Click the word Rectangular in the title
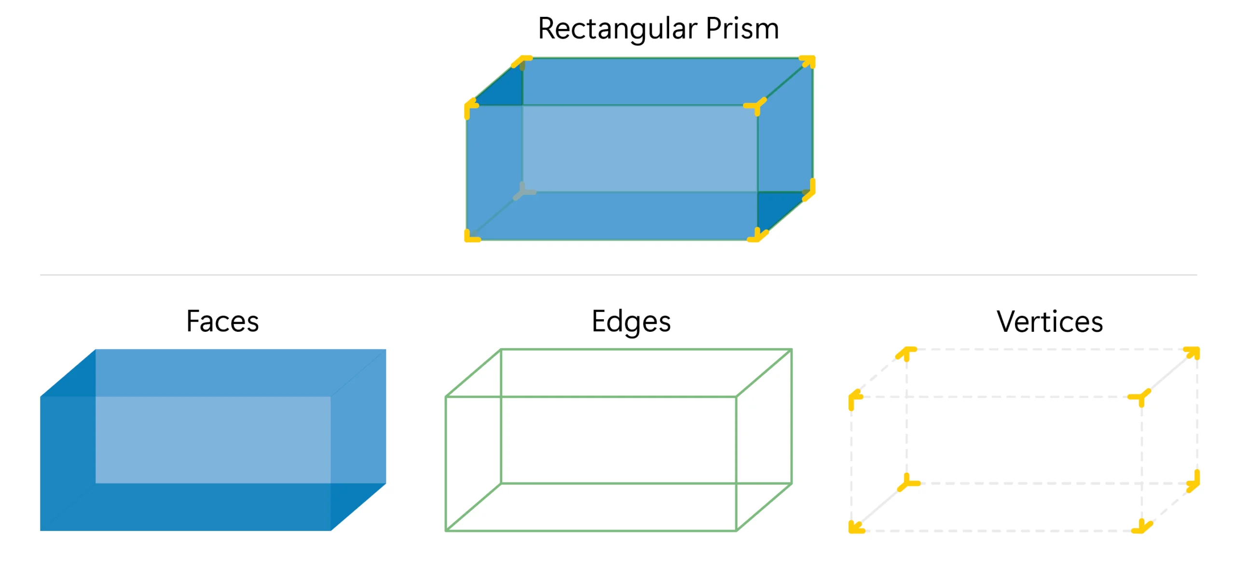click(x=617, y=29)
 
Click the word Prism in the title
click(x=741, y=29)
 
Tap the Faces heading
click(x=222, y=322)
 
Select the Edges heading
click(x=631, y=322)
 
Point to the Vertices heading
click(x=1050, y=322)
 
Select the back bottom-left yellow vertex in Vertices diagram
click(x=907, y=483)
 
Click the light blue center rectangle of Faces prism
click(x=213, y=439)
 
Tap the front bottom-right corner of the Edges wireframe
click(x=736, y=530)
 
